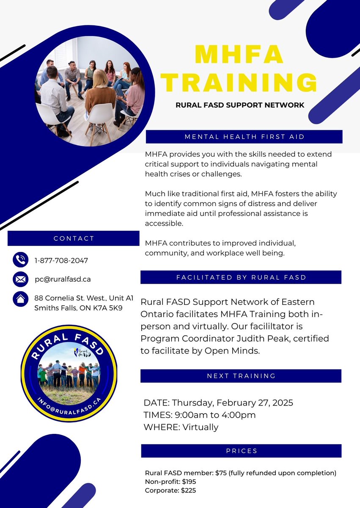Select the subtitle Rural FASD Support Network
[240, 105]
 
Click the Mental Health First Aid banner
[244, 137]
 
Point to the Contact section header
[74, 238]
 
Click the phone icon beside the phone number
[20, 260]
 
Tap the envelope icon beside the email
[20, 279]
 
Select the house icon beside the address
[20, 299]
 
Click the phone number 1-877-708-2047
[61, 260]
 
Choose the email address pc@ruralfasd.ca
[63, 279]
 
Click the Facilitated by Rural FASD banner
[241, 278]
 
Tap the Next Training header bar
[241, 376]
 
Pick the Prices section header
[241, 451]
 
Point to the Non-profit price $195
[188, 482]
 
